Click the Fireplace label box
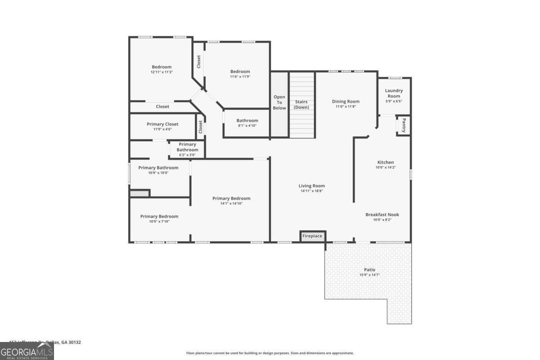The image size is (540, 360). [x=312, y=236]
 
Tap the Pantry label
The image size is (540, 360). [x=404, y=125]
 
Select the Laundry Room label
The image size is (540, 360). [x=394, y=93]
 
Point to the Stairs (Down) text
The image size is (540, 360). [x=301, y=104]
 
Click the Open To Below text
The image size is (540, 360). [x=279, y=102]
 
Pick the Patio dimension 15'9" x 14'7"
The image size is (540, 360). [x=369, y=274]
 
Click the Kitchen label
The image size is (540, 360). [x=385, y=162]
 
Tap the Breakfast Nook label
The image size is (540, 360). [x=382, y=215]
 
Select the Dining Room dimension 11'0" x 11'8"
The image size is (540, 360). [x=346, y=107]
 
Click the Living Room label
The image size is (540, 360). [x=311, y=186]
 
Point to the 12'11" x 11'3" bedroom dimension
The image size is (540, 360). [x=162, y=72]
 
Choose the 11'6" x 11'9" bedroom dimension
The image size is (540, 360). [x=240, y=76]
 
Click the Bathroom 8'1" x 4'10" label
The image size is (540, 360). [x=247, y=121]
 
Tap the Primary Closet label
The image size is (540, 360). [x=162, y=124]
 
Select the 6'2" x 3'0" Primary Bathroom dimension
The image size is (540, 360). [x=187, y=155]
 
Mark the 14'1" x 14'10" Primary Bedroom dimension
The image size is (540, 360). [x=231, y=203]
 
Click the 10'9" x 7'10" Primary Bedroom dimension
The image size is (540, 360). [x=159, y=221]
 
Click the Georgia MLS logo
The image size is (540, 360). [x=27, y=351]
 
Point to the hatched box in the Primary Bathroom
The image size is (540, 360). [x=139, y=193]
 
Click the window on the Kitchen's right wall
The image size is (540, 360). [x=410, y=174]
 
